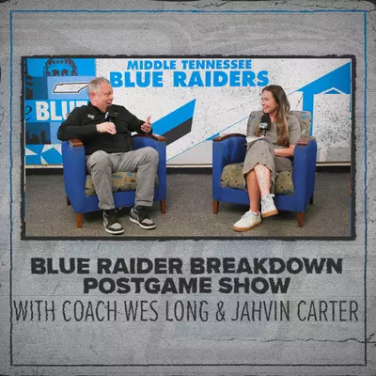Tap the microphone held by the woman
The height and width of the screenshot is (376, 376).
(x=265, y=123)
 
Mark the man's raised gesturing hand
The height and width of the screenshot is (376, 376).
(x=146, y=124)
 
